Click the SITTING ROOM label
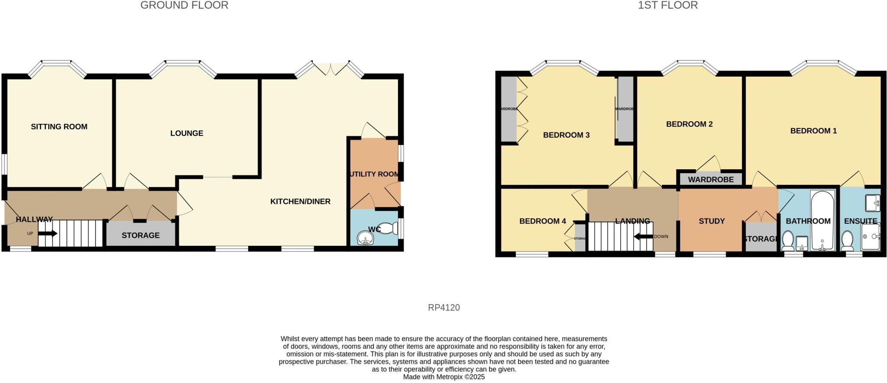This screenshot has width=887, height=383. coord(59,127)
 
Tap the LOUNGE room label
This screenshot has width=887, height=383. coord(187,133)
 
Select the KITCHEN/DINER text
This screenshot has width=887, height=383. coord(300,201)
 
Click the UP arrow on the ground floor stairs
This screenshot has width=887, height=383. coord(48,234)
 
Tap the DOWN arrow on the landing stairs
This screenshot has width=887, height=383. coord(643,237)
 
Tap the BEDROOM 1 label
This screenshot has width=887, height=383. coord(813,131)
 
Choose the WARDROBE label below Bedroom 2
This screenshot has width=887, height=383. coord(711,180)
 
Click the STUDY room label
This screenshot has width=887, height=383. coord(712,221)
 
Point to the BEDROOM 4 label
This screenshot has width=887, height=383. coord(542,221)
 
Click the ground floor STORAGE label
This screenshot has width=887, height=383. coord(140,235)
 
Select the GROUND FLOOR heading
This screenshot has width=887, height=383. coord(184,5)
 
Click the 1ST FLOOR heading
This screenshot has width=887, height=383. coord(667,5)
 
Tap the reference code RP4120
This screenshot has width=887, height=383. coord(443,308)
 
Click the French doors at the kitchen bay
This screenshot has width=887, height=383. coord(330,69)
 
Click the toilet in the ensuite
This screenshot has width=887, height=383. coord(847,240)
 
